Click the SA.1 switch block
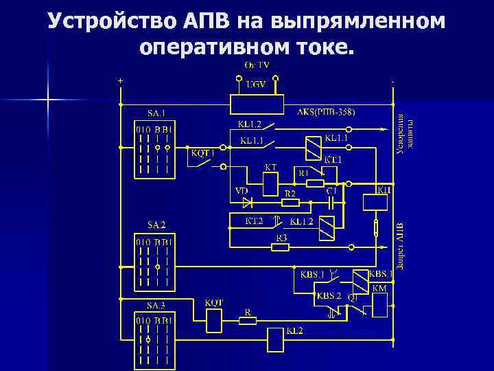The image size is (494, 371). tap(154, 148)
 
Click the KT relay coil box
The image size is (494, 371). tap(270, 183)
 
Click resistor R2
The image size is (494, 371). tap(291, 203)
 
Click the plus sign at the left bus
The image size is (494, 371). tap(121, 80)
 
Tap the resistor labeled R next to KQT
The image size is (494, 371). tap(248, 319)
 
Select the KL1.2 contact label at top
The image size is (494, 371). tap(249, 124)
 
